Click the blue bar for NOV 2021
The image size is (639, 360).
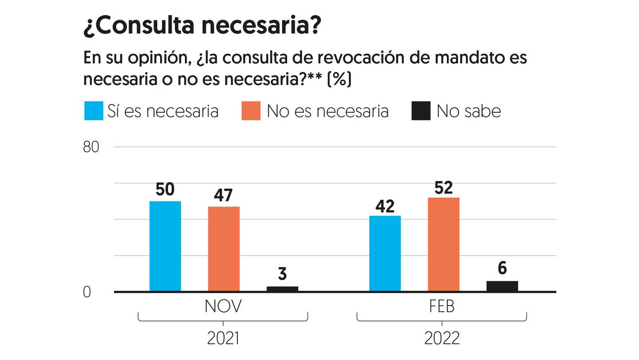pyautogui.click(x=165, y=246)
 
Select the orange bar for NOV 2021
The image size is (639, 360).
pyautogui.click(x=224, y=249)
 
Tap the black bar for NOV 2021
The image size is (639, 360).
pyautogui.click(x=282, y=289)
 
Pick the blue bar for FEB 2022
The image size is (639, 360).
pyautogui.click(x=385, y=253)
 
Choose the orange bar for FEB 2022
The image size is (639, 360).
pyautogui.click(x=443, y=245)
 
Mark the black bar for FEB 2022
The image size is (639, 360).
pyautogui.click(x=502, y=286)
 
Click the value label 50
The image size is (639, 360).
pyautogui.click(x=165, y=190)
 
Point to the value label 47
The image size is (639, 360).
pyautogui.click(x=224, y=195)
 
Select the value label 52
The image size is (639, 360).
pyautogui.click(x=443, y=187)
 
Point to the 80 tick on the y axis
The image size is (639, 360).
pyautogui.click(x=91, y=147)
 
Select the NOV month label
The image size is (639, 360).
pyautogui.click(x=223, y=307)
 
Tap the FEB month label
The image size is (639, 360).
pyautogui.click(x=442, y=307)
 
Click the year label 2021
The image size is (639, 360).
pyautogui.click(x=223, y=339)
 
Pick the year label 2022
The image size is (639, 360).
pyautogui.click(x=442, y=339)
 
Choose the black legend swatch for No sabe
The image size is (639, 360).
pyautogui.click(x=421, y=111)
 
